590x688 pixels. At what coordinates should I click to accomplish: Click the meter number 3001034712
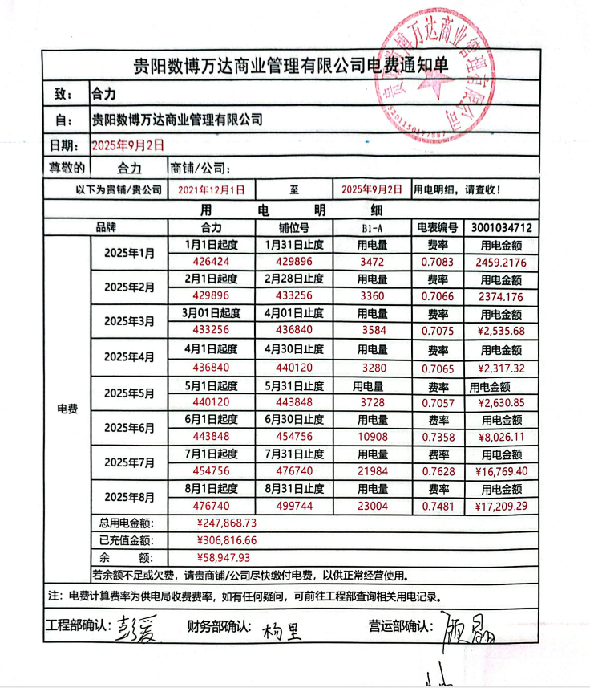pyautogui.click(x=503, y=227)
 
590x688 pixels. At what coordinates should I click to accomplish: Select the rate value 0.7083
pyautogui.click(x=437, y=262)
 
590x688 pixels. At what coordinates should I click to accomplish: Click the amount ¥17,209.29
pyautogui.click(x=502, y=506)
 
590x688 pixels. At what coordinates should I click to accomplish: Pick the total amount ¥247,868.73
pyautogui.click(x=226, y=523)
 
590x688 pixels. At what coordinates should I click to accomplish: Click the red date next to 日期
pyautogui.click(x=128, y=145)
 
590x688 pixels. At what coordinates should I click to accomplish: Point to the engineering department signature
pyautogui.click(x=131, y=629)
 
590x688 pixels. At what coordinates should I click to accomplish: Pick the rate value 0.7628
pyautogui.click(x=437, y=470)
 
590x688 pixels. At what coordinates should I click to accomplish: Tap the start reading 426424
pyautogui.click(x=211, y=262)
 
